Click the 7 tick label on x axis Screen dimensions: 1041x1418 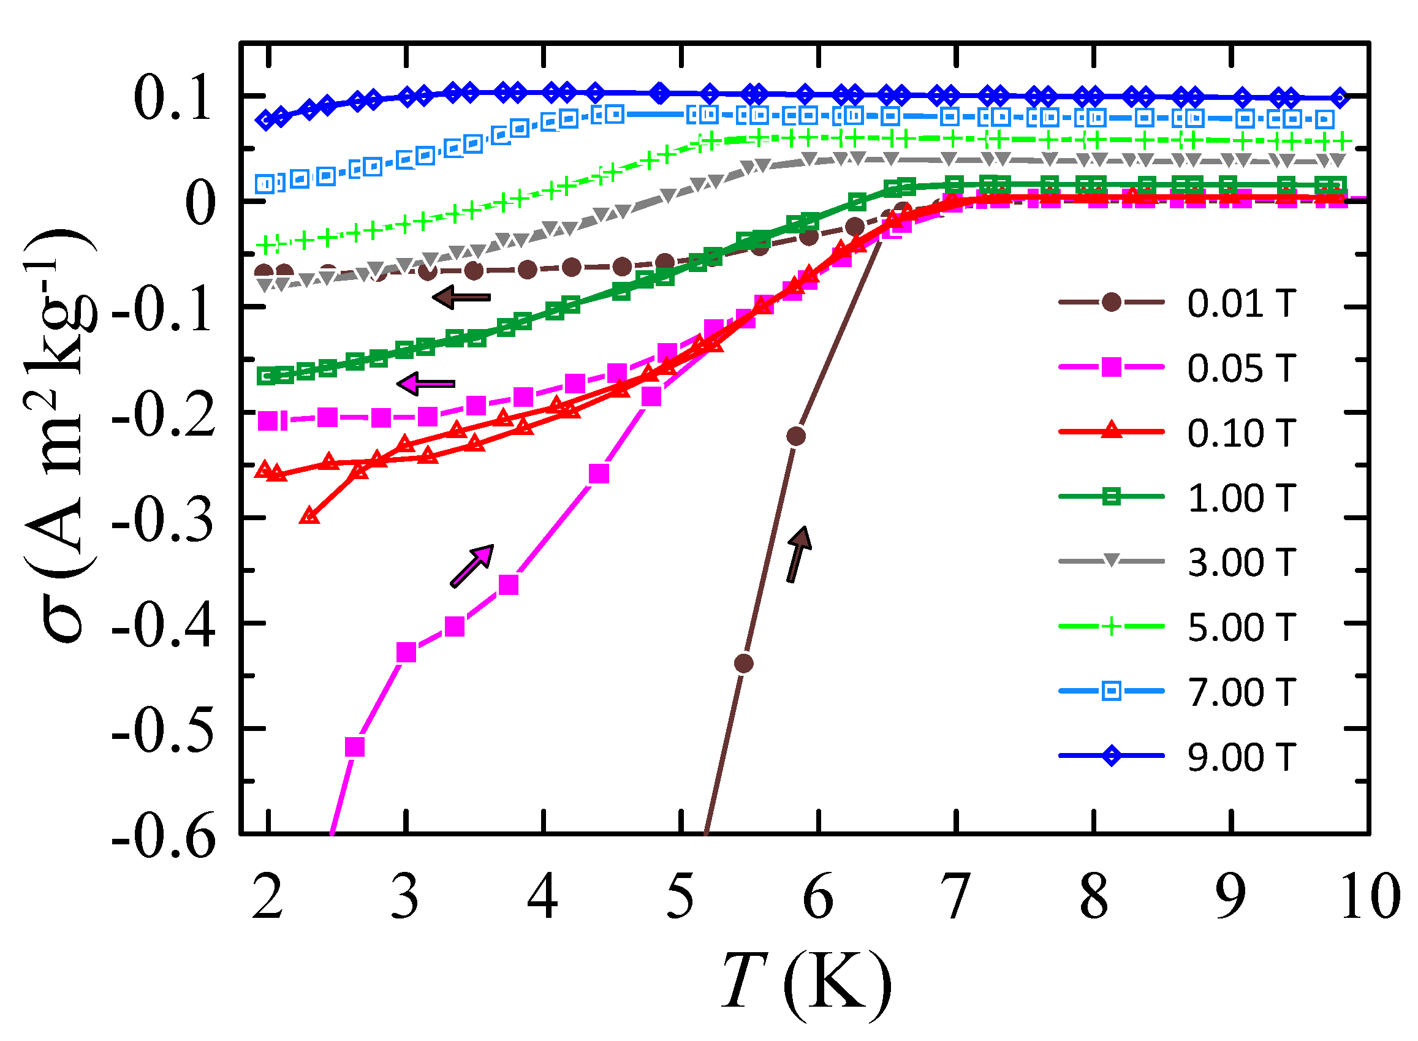[x=956, y=898]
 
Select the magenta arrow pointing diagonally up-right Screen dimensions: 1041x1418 [x=472, y=566]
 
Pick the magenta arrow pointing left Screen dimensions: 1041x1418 [x=426, y=383]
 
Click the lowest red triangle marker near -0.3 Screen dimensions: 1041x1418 [x=309, y=517]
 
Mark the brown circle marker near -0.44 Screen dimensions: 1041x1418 [x=744, y=664]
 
